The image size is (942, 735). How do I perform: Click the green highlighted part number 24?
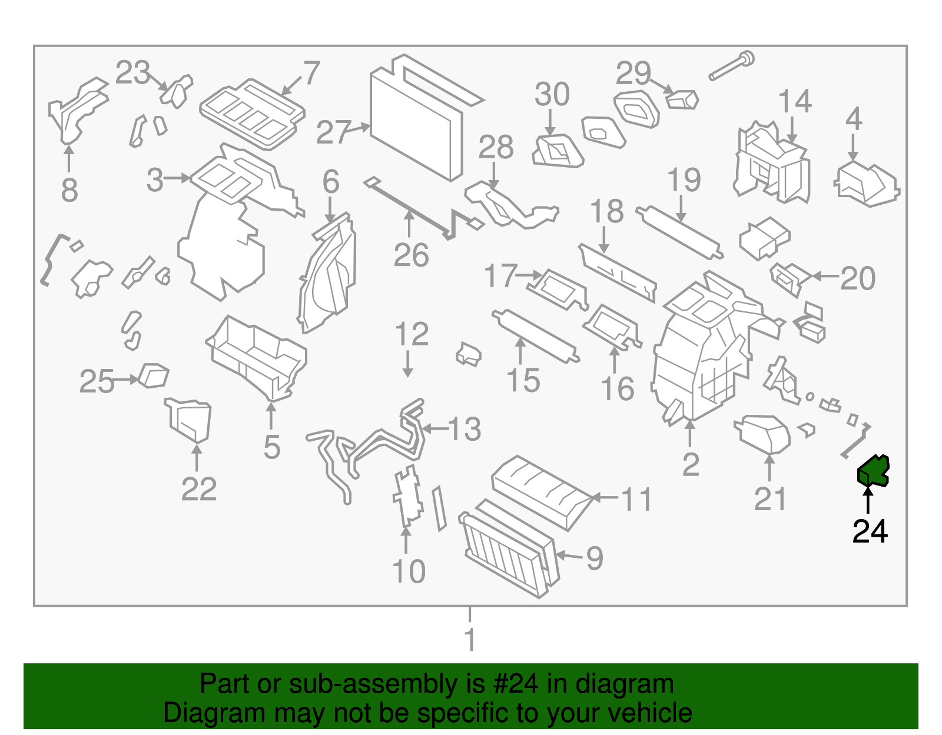click(873, 471)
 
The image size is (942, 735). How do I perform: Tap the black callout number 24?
click(870, 531)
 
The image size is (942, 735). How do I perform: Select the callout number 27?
click(333, 132)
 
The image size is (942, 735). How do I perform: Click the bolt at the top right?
click(732, 66)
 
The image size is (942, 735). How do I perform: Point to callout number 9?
click(594, 558)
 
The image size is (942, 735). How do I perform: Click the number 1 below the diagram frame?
click(470, 640)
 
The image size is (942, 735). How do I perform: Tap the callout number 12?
click(412, 335)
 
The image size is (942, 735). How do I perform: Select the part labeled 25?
click(154, 376)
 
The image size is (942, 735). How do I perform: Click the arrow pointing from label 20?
click(825, 275)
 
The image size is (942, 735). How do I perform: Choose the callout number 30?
click(552, 94)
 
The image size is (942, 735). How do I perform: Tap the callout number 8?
click(69, 190)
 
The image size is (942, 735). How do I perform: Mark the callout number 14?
click(795, 102)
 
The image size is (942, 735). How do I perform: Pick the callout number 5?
click(271, 447)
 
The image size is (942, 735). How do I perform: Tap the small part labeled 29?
click(682, 99)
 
